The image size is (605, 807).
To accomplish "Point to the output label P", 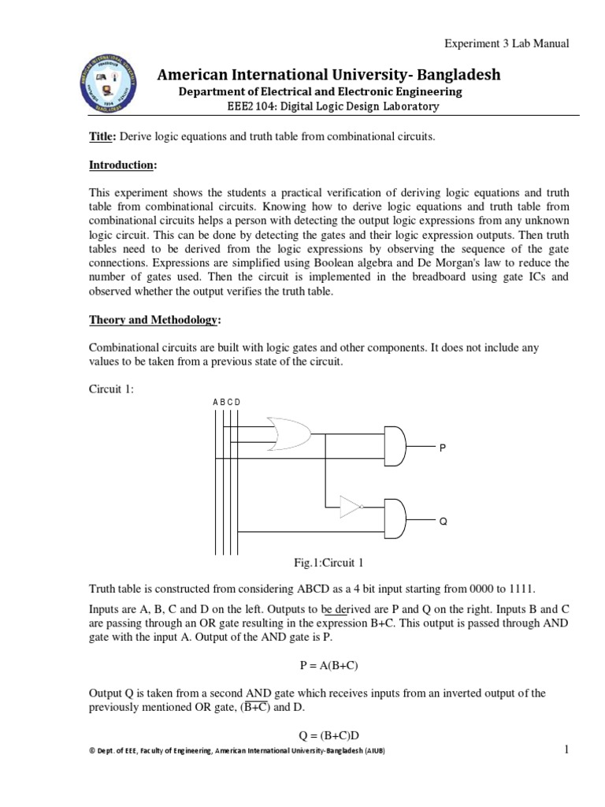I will pos(443,447).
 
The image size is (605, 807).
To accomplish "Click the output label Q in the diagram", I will pos(443,522).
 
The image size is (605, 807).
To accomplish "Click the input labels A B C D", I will pos(226,402).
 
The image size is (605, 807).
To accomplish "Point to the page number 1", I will pos(566,749).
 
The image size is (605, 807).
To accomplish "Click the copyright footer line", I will pos(237,751).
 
